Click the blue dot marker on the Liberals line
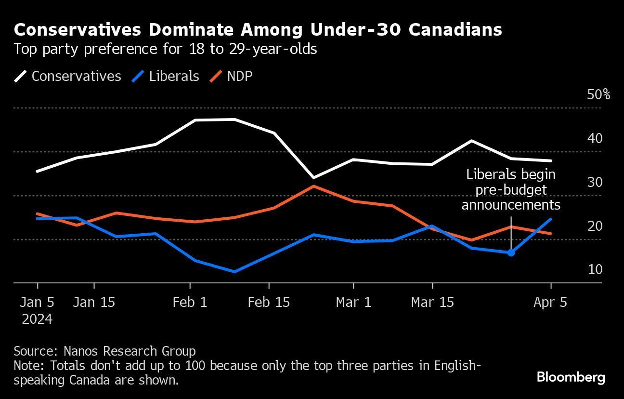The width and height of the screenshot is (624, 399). (511, 253)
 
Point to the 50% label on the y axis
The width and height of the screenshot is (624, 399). (598, 94)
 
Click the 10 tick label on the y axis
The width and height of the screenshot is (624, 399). (595, 269)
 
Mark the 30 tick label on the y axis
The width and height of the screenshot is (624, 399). (595, 182)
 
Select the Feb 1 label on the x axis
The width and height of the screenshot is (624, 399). (190, 302)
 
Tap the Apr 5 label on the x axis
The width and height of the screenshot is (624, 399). (550, 302)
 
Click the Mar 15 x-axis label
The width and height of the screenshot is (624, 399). (432, 302)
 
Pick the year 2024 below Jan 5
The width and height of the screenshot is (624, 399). (37, 319)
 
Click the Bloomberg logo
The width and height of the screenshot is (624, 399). (571, 377)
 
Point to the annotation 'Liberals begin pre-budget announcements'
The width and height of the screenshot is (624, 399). (511, 190)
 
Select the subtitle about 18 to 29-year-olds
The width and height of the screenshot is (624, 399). (165, 49)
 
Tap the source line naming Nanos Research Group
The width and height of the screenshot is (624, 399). (104, 351)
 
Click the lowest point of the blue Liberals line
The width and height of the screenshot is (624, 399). (234, 272)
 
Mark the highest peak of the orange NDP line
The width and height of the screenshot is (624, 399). (314, 186)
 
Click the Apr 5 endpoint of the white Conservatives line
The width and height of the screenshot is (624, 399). (551, 161)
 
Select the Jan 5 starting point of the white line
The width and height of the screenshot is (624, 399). (37, 171)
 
